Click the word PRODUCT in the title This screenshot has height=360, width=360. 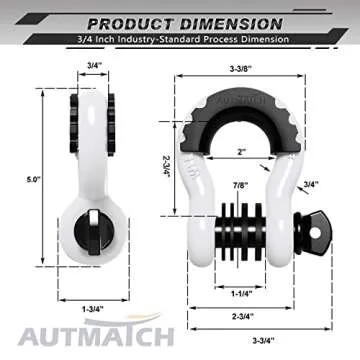tap(128, 20)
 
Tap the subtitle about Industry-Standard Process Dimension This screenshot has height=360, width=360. tap(180, 39)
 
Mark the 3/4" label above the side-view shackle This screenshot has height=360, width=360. tap(93, 64)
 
